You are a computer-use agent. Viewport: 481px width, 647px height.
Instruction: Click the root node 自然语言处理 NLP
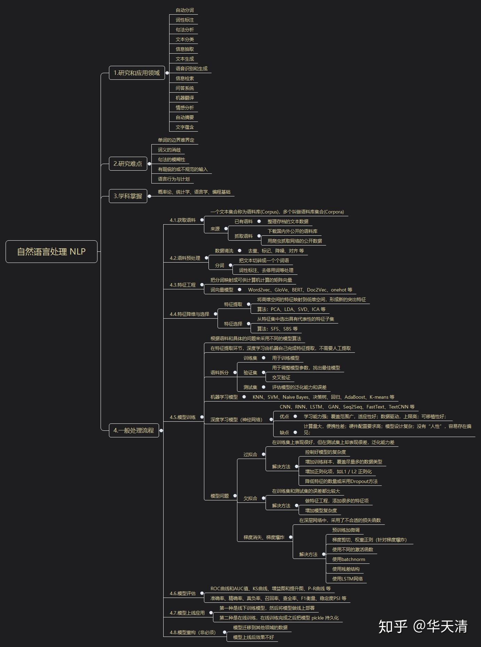pyautogui.click(x=52, y=251)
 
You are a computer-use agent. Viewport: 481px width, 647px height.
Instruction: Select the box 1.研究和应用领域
pyautogui.click(x=137, y=73)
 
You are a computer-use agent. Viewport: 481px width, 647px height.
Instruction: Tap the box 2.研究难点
pyautogui.click(x=128, y=164)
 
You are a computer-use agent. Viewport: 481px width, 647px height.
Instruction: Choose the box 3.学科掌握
pyautogui.click(x=128, y=196)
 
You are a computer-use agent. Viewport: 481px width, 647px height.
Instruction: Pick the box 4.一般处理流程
pyautogui.click(x=134, y=430)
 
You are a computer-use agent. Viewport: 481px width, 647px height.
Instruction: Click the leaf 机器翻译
pyautogui.click(x=185, y=98)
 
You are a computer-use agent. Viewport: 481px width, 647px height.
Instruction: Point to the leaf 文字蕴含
pyautogui.click(x=185, y=127)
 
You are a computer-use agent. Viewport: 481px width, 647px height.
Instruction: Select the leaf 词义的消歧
pyautogui.click(x=169, y=150)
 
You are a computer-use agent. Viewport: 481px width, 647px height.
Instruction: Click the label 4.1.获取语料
pyautogui.click(x=183, y=220)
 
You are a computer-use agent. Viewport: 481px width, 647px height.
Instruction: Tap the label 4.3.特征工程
pyautogui.click(x=183, y=285)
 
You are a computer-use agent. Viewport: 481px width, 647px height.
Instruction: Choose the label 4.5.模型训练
pyautogui.click(x=183, y=417)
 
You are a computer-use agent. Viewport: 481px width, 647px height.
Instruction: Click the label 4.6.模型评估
pyautogui.click(x=183, y=593)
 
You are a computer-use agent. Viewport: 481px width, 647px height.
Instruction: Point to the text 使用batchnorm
pyautogui.click(x=349, y=559)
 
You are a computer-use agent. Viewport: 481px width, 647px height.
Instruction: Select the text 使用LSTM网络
pyautogui.click(x=347, y=579)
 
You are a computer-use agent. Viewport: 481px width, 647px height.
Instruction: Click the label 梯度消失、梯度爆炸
pyautogui.click(x=264, y=537)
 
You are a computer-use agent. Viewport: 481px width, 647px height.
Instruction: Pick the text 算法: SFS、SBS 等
pyautogui.click(x=277, y=329)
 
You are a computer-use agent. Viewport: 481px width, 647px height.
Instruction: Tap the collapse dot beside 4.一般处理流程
pyautogui.click(x=161, y=430)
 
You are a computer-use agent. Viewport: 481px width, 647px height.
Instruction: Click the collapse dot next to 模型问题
pyautogui.click(x=235, y=496)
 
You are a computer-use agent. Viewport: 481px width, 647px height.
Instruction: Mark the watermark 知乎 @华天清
pyautogui.click(x=423, y=626)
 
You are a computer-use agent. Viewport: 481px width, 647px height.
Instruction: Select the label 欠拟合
pyautogui.click(x=250, y=498)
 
